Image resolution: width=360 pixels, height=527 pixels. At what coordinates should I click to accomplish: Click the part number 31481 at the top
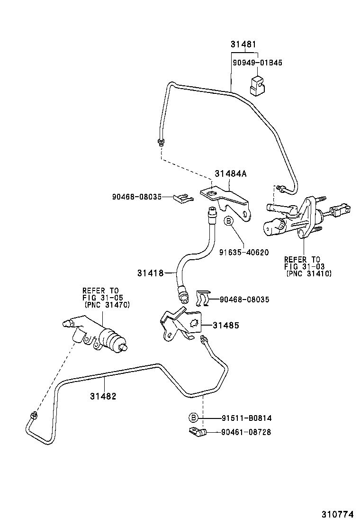click(243, 45)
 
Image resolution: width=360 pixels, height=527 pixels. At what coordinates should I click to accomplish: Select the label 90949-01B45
click(257, 63)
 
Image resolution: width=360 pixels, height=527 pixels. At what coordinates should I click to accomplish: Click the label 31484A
click(230, 174)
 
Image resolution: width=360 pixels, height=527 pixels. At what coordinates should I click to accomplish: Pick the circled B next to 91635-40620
click(228, 221)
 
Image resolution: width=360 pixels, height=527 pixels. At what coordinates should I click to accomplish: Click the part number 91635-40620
click(243, 252)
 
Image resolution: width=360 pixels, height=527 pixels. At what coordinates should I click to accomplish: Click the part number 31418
click(151, 273)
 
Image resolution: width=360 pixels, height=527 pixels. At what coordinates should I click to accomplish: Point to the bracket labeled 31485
click(182, 325)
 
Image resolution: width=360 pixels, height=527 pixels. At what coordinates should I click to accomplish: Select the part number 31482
click(103, 396)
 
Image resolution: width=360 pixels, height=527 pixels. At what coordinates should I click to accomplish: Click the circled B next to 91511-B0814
click(193, 418)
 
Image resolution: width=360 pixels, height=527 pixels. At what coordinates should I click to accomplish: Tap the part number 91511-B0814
click(246, 418)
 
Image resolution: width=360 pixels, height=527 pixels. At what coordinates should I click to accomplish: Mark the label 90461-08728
click(246, 432)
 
